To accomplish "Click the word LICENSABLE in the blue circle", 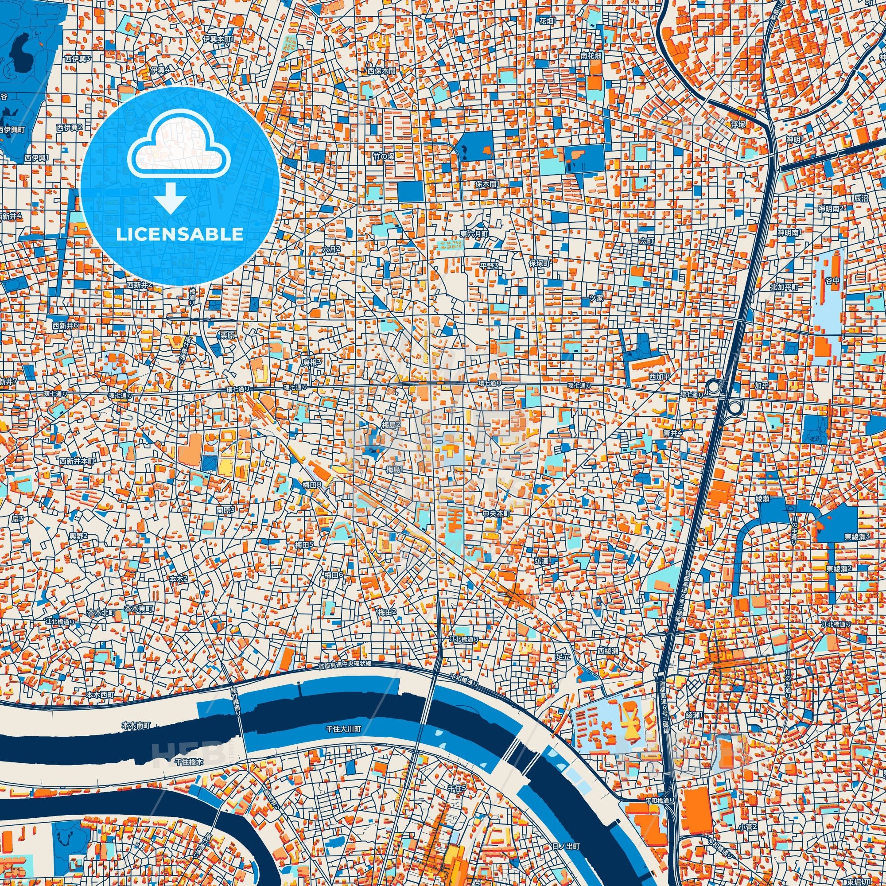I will [179, 234].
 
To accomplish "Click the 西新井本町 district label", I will [77, 460].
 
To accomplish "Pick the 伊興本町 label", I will [218, 39].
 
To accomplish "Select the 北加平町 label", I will [785, 288].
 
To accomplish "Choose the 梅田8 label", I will [312, 484].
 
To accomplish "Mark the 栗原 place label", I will [227, 335].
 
